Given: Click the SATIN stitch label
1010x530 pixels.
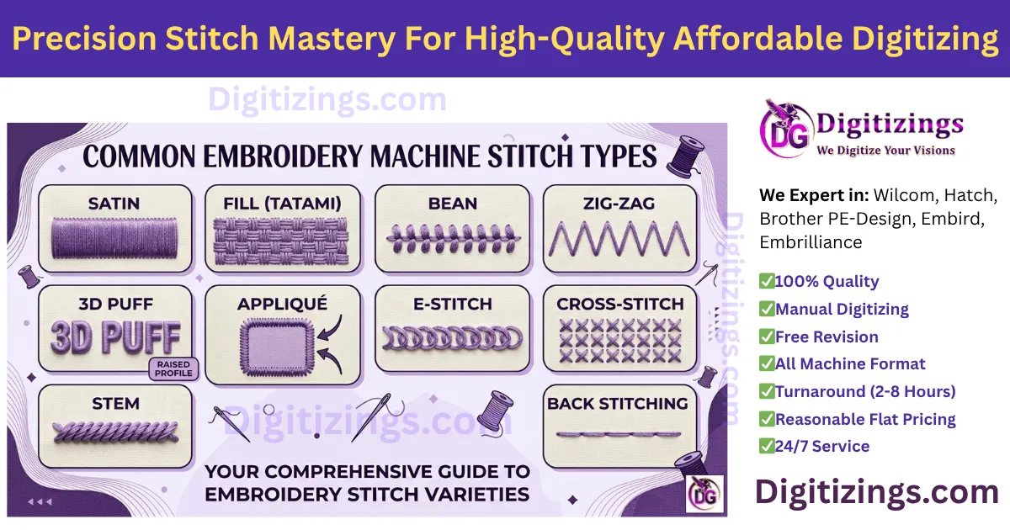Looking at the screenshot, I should pyautogui.click(x=114, y=204).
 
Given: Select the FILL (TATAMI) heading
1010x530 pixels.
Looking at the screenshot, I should pyautogui.click(x=283, y=204).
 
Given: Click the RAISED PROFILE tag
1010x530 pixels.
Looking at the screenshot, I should pyautogui.click(x=173, y=368).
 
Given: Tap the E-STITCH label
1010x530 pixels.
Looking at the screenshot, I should pyautogui.click(x=452, y=304).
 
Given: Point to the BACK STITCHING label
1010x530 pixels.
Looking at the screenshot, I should pyautogui.click(x=618, y=404).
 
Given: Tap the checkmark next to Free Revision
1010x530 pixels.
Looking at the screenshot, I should pyautogui.click(x=767, y=337).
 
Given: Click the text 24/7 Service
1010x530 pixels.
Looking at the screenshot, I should pyautogui.click(x=822, y=447).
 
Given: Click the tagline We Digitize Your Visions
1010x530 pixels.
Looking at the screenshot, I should pyautogui.click(x=886, y=151).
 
